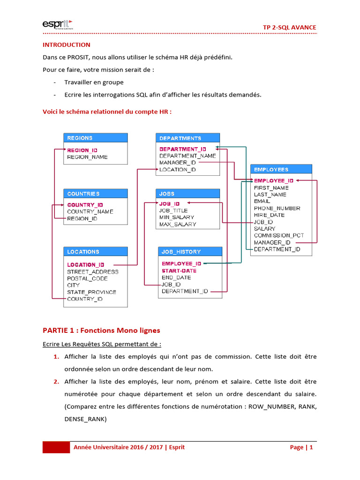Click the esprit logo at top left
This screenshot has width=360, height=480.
pyautogui.click(x=58, y=24)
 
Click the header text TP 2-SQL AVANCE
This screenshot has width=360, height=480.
pyautogui.click(x=289, y=27)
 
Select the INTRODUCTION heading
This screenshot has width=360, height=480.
pyautogui.click(x=67, y=45)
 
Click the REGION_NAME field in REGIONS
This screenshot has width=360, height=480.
pyautogui.click(x=87, y=157)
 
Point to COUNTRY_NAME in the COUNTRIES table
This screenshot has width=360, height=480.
pyautogui.click(x=90, y=211)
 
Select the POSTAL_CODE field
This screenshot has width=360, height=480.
pyautogui.click(x=87, y=278)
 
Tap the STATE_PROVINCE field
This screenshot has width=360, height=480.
pyautogui.click(x=91, y=292)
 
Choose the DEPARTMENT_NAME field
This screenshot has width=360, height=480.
pyautogui.click(x=187, y=156)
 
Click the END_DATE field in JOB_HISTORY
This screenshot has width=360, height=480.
pyautogui.click(x=176, y=277)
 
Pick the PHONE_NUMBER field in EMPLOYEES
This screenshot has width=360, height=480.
pyautogui.click(x=277, y=208)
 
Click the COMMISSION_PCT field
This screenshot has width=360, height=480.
pyautogui.click(x=279, y=235)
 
